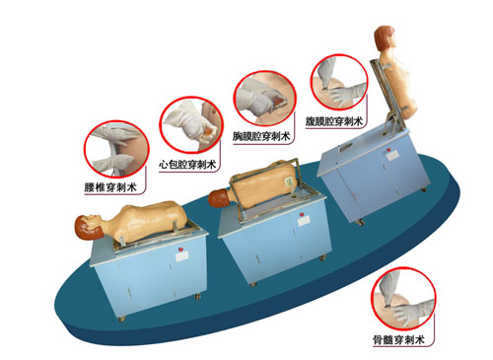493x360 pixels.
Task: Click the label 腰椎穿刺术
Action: pos(110,187)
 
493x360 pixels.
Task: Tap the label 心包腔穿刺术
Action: pos(187,165)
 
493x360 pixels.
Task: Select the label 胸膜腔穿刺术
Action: pos(261,136)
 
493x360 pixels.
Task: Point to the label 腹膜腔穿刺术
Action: pos(334,121)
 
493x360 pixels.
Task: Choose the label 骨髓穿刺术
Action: pos(398,339)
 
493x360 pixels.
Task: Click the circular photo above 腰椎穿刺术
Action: pos(116,150)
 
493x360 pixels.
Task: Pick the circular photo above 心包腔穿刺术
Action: pos(191,125)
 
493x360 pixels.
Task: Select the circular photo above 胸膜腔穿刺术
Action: pos(265,98)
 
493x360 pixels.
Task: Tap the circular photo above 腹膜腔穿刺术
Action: pos(339,82)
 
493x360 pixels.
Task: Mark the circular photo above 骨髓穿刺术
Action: pos(403,299)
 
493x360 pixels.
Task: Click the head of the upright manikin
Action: pos(385,37)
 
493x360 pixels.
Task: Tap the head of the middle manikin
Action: pos(220,198)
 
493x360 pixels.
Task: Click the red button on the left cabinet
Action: pos(180,250)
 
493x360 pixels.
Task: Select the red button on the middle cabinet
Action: pos(302,215)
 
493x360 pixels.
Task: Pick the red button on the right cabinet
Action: pos(388,150)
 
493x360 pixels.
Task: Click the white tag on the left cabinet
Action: pos(181,256)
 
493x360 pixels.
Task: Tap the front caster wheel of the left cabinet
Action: pos(121,319)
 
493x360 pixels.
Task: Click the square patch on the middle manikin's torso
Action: pos(289,181)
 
